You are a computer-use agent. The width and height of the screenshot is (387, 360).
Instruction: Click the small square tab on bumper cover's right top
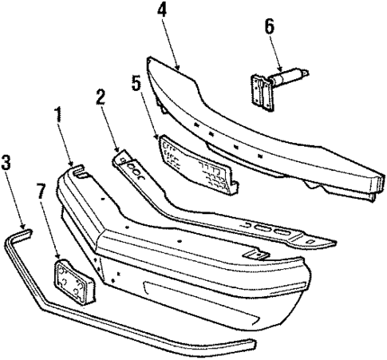(x=257, y=254)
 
